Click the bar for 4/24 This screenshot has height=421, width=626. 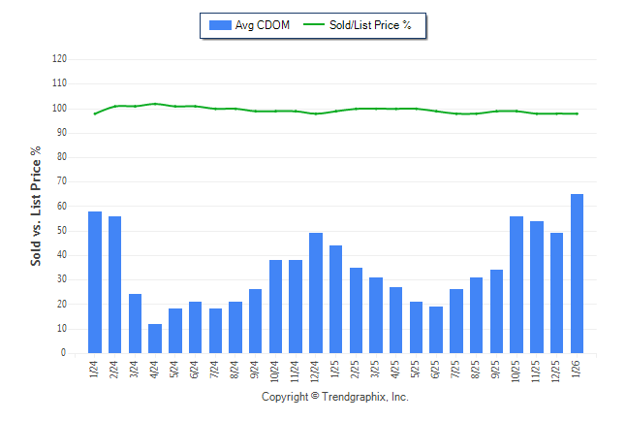(155, 339)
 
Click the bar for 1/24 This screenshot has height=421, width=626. (95, 282)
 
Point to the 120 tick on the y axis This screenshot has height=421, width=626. (60, 58)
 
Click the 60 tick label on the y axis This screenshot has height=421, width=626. (62, 206)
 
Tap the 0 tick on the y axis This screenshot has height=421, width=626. (64, 353)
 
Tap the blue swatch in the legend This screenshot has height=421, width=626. (219, 25)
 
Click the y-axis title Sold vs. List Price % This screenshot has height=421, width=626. (36, 206)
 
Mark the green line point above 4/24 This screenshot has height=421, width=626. (155, 103)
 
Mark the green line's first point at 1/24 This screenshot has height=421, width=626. (95, 113)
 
